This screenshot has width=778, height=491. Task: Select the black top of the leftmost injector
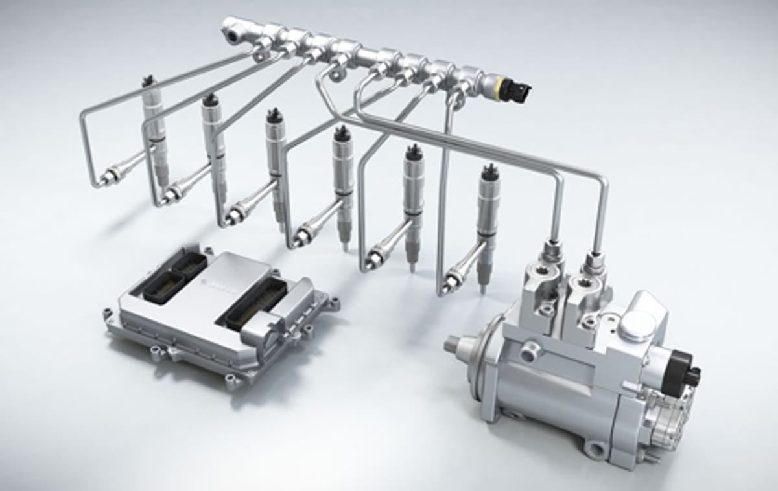coord(148,82)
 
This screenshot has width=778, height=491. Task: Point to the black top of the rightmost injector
coord(489,172)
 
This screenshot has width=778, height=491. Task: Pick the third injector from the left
coord(276,168)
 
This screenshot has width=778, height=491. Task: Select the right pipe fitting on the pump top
coord(593,260)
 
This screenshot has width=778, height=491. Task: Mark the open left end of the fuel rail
coord(229,26)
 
